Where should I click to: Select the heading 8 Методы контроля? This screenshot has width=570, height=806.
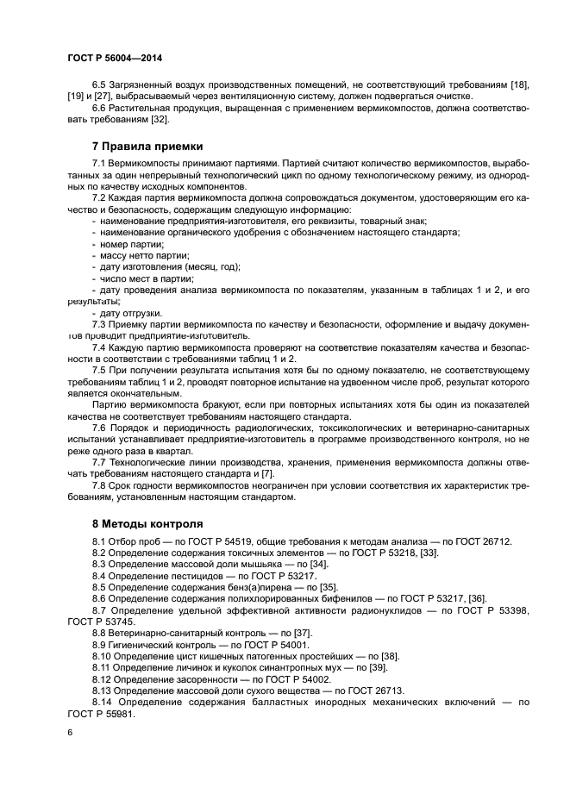[147, 523]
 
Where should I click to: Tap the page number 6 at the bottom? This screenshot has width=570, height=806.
[69, 732]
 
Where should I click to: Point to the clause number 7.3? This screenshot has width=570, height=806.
[99, 323]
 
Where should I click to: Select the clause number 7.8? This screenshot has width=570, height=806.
[99, 485]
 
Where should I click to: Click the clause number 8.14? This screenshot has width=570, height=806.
[103, 703]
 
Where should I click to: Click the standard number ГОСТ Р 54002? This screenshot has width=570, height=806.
[285, 679]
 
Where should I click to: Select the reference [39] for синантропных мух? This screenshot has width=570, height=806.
[378, 667]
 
